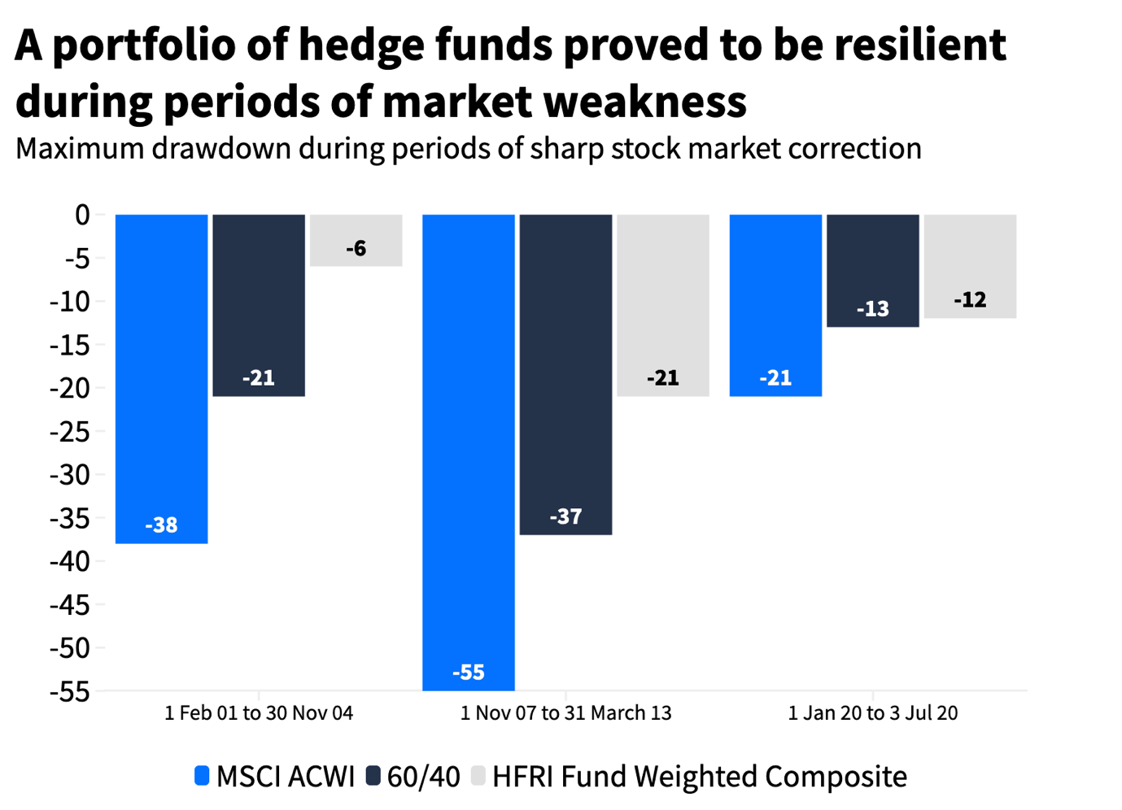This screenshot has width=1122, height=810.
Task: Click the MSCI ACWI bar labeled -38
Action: pyautogui.click(x=161, y=378)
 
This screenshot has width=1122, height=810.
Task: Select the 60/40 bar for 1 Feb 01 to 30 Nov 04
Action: pyautogui.click(x=259, y=305)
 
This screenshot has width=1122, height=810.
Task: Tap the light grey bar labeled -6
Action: pyautogui.click(x=356, y=240)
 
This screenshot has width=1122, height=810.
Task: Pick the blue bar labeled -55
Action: pyautogui.click(x=469, y=451)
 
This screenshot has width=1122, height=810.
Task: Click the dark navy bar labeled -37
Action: pyautogui.click(x=565, y=374)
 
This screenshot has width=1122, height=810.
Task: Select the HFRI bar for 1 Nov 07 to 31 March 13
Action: pyautogui.click(x=662, y=305)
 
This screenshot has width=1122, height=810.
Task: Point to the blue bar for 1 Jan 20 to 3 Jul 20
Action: pyautogui.click(x=775, y=305)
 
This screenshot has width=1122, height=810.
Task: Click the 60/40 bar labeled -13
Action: pyautogui.click(x=873, y=270)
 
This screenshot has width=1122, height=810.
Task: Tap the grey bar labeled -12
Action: pyautogui.click(x=970, y=266)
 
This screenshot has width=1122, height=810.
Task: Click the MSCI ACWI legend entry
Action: pyautogui.click(x=275, y=777)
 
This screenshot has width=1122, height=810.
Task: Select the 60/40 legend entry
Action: pyautogui.click(x=413, y=777)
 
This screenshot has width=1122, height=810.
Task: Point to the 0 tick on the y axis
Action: pyautogui.click(x=82, y=216)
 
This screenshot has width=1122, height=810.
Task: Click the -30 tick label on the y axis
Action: pyautogui.click(x=70, y=475)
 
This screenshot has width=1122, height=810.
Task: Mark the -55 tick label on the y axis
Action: pyautogui.click(x=70, y=691)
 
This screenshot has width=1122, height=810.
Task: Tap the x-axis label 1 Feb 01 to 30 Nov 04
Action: pyautogui.click(x=259, y=713)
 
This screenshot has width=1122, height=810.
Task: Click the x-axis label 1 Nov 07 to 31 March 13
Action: pyautogui.click(x=565, y=713)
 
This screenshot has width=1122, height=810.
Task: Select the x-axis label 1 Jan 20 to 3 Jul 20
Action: pyautogui.click(x=873, y=713)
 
